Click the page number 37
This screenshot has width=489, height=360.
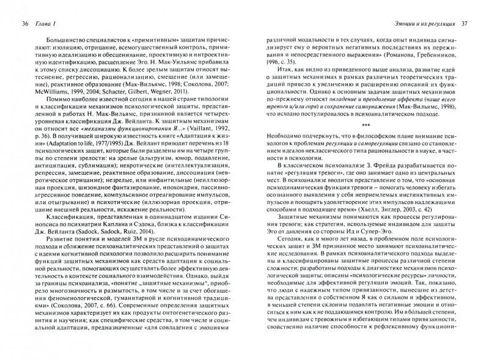(x=463, y=24)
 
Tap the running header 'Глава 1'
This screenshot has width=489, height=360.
(x=50, y=24)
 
